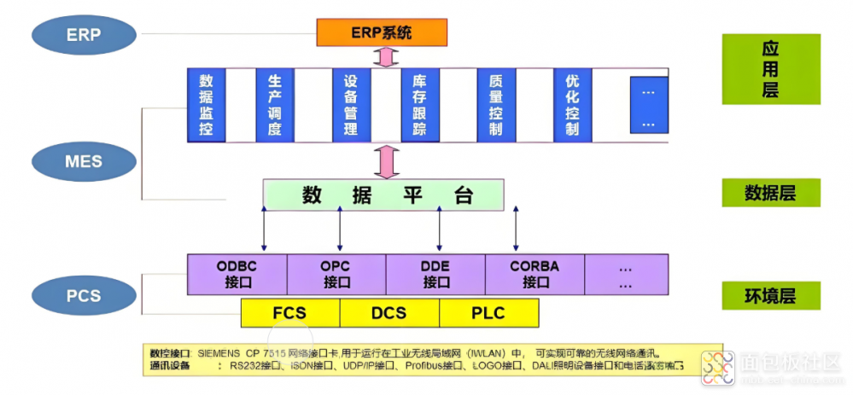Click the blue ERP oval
point(84,35)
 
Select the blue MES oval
point(84,160)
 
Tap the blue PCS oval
point(84,296)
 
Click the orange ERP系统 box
point(382,33)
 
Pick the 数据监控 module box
point(206,105)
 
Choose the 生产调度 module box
point(274,105)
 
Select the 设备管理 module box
point(350,105)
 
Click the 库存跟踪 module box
point(419,105)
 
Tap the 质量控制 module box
point(496,105)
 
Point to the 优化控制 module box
point(572,105)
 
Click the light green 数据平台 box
point(383,195)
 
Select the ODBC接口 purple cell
point(237,274)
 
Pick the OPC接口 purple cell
point(336,274)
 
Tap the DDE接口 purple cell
point(435,274)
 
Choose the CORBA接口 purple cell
point(535,274)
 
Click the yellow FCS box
point(290,313)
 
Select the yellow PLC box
point(488,313)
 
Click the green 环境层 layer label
point(770,296)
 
